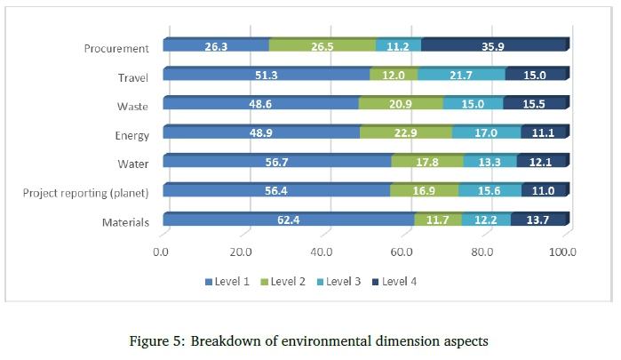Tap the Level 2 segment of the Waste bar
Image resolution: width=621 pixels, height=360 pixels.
pyautogui.click(x=400, y=104)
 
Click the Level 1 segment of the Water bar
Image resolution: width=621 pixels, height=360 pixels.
pyautogui.click(x=277, y=162)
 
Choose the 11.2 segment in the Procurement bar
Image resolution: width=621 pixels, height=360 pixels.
pyautogui.click(x=398, y=45)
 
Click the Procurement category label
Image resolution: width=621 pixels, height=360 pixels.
pyautogui.click(x=116, y=48)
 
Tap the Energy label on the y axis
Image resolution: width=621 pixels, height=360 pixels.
pyautogui.click(x=131, y=135)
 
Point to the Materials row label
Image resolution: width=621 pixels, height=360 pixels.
pyautogui.click(x=125, y=222)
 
